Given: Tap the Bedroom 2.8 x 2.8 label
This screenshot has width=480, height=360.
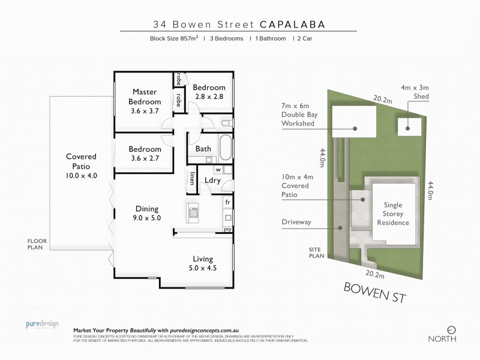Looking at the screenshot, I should coord(208,92).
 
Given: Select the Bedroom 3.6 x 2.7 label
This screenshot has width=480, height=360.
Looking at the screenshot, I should coord(145,154).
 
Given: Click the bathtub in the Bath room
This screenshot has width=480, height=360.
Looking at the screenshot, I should coord(224,148).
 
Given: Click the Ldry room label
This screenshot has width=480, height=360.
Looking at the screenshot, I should coord(212,180).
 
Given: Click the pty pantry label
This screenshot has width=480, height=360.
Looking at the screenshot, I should coord(227,229).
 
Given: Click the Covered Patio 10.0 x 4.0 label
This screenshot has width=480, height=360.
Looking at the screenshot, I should coord(81,166).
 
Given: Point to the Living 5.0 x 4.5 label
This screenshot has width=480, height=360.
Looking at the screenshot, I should coord(203,263).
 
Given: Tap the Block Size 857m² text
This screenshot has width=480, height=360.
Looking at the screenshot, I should coord(174,38).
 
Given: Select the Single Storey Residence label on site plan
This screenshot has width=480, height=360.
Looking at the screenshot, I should coord(393,214).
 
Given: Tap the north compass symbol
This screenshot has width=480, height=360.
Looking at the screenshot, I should coord(452,329).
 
